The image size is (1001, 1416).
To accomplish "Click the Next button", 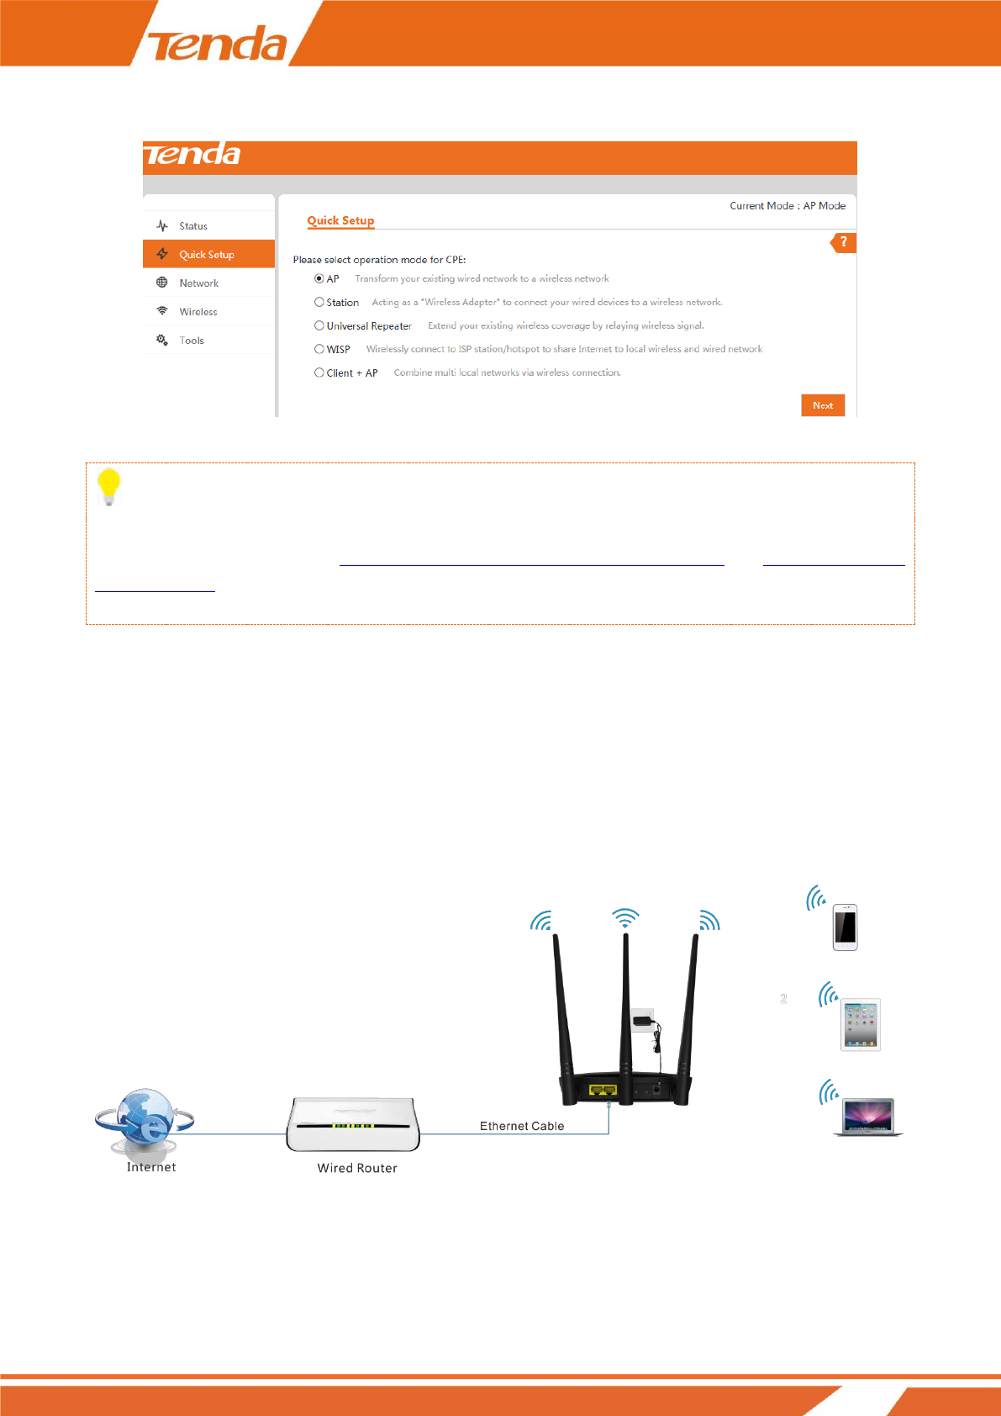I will click(x=823, y=405).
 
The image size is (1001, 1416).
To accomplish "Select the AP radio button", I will click(x=319, y=278).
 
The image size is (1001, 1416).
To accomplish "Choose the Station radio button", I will click(x=319, y=302).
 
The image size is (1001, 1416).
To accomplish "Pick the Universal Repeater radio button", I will click(x=319, y=325).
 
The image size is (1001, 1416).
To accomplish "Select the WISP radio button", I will click(x=319, y=349).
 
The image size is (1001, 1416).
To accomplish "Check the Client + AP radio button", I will click(x=319, y=372).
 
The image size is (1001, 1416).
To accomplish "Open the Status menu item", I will click(x=193, y=226).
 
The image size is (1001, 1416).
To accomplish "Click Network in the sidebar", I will click(x=198, y=283).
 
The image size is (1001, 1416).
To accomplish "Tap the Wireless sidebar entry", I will click(x=198, y=312).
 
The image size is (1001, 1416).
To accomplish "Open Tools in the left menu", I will click(x=192, y=341).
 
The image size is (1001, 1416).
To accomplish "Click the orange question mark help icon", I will click(x=843, y=242).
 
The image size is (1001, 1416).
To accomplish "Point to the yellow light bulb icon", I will click(x=109, y=487).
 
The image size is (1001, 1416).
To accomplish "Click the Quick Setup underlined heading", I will click(x=340, y=220).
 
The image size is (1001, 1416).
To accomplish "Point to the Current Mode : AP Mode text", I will click(x=788, y=206).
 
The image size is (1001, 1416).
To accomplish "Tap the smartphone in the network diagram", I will click(x=845, y=927).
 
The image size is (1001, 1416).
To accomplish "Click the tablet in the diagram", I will click(x=861, y=1025).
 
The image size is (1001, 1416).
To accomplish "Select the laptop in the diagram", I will click(x=867, y=1117).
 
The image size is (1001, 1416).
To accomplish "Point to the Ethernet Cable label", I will click(x=522, y=1126).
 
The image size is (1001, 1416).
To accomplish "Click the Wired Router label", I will click(x=357, y=1168).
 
